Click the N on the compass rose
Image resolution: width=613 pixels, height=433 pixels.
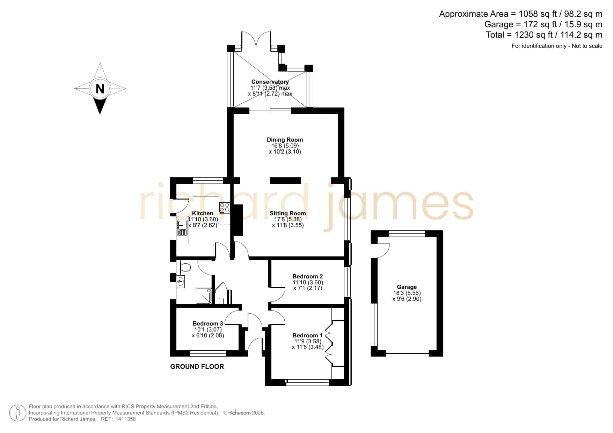point(100,89)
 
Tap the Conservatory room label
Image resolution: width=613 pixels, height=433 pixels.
point(270,82)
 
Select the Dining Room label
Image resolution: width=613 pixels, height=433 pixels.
point(285,140)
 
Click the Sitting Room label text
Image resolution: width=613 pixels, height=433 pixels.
point(288,213)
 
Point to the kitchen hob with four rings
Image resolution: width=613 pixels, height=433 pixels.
point(224,207)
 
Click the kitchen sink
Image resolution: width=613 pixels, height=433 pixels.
point(182,228)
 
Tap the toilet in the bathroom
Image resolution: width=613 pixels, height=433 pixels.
point(185,268)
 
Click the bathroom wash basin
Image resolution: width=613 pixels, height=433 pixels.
point(180,281)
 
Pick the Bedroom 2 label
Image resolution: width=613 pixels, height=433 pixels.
point(308,276)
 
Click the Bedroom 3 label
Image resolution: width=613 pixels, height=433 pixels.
point(208,323)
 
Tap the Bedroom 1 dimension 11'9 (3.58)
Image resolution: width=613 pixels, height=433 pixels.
point(307,341)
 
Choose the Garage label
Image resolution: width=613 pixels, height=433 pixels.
point(407,287)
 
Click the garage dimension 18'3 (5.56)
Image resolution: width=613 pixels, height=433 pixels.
point(407,293)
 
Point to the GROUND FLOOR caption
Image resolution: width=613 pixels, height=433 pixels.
point(197,366)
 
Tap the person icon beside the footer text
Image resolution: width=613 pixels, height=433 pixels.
point(17,413)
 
